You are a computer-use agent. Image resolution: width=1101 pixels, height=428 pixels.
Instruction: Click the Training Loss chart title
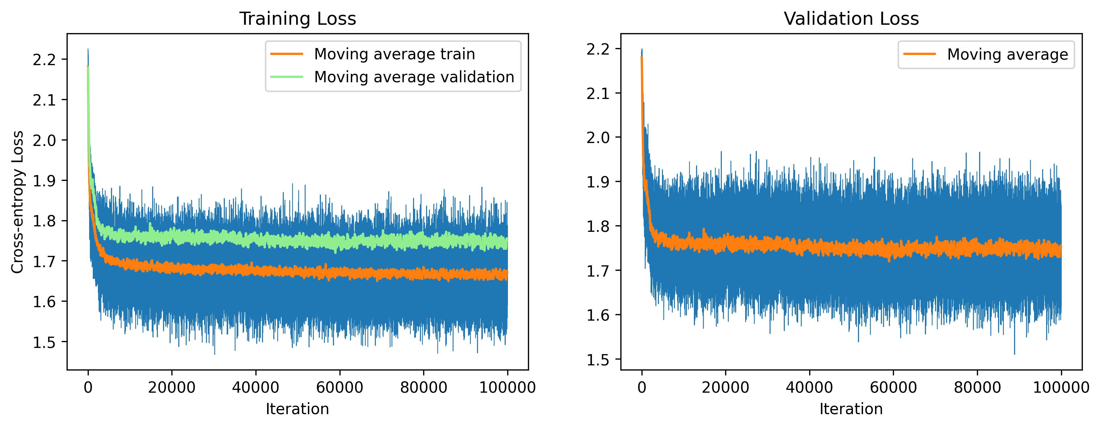point(298,19)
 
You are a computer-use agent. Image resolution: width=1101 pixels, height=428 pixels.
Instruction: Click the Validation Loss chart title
point(851,19)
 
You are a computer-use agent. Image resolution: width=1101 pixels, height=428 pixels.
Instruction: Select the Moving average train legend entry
point(394,54)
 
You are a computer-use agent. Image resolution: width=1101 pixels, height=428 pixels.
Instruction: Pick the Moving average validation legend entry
point(414,77)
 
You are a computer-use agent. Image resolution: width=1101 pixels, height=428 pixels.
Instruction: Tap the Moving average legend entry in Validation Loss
point(1007,55)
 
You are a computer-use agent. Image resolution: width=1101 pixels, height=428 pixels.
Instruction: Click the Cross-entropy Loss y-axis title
point(17,202)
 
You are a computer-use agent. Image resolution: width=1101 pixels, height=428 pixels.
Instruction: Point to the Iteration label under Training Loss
point(298,409)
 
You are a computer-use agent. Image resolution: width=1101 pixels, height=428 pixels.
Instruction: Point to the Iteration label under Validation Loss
point(851,409)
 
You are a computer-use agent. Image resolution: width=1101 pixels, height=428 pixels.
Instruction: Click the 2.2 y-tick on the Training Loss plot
point(44,59)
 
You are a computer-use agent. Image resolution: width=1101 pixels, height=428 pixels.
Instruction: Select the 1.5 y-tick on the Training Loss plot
point(44,342)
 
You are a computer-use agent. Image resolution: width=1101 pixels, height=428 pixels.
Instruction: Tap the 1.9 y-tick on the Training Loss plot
point(44,181)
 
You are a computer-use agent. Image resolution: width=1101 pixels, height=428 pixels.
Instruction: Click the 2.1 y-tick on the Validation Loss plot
point(597,93)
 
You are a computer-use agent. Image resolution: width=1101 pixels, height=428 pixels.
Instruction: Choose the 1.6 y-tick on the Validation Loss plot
point(597,315)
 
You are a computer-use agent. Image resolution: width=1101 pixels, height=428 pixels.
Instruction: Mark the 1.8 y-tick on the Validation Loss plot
point(597,226)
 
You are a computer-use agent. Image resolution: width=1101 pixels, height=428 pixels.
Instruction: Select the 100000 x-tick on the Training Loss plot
point(507,387)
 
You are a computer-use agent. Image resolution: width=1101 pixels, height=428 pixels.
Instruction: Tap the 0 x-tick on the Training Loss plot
point(88,387)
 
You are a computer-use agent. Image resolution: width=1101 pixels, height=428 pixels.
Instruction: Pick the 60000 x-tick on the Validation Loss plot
point(893,387)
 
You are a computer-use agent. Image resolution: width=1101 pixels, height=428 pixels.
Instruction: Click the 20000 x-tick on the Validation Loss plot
point(725,387)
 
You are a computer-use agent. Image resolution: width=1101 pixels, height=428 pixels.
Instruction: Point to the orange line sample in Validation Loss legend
point(919,54)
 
